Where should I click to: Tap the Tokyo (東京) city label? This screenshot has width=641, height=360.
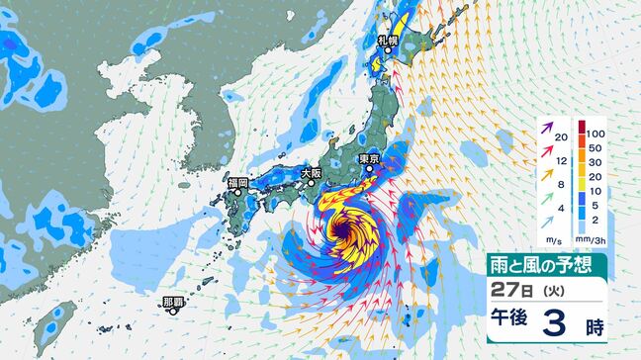370,158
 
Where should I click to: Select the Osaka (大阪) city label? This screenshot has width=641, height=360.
312,172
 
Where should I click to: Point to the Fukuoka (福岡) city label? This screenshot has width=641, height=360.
237,183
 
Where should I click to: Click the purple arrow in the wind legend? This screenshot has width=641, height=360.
545,129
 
